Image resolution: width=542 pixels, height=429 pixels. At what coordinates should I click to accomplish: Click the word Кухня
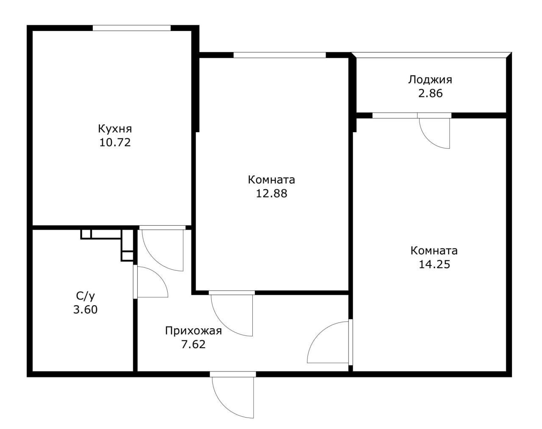point(115,128)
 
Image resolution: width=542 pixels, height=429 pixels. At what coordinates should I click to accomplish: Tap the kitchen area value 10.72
point(115,142)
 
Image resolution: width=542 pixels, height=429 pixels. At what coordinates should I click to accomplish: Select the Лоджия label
point(430,80)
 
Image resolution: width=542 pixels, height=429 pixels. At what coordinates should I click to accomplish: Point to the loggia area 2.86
point(430,93)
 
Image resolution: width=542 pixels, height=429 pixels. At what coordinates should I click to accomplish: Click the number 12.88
point(271,194)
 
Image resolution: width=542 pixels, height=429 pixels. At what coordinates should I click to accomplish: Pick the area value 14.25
point(434,264)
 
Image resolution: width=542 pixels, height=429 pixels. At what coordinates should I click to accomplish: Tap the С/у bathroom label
point(85,296)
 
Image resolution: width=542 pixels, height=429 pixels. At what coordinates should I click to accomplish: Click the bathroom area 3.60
point(85,310)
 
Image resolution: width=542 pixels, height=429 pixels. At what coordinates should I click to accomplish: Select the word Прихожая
point(193,331)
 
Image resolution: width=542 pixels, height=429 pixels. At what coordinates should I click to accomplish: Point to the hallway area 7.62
point(193,344)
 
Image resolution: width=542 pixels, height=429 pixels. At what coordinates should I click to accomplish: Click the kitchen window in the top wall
point(131,28)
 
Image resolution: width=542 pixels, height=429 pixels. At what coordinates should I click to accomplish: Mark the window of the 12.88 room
point(279,55)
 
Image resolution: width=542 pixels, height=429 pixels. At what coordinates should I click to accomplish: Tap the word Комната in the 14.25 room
point(434,251)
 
